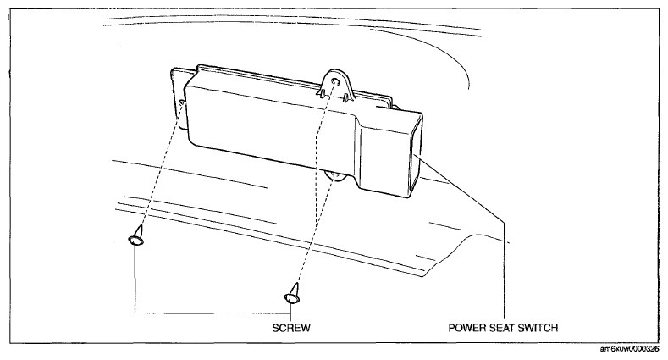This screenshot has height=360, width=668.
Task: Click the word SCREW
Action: click(291, 328)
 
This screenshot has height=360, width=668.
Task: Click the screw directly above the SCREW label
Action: click(292, 294)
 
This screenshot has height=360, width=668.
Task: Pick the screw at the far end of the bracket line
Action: click(136, 236)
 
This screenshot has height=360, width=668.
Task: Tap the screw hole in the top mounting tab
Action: click(335, 81)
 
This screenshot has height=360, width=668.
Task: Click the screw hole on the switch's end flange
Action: click(182, 103)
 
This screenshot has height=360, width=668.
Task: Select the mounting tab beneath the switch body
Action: click(334, 176)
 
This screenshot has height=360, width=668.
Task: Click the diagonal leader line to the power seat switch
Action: click(461, 189)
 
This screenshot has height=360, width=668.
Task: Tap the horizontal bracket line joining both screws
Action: click(213, 313)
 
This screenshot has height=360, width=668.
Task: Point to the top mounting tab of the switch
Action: click(336, 86)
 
